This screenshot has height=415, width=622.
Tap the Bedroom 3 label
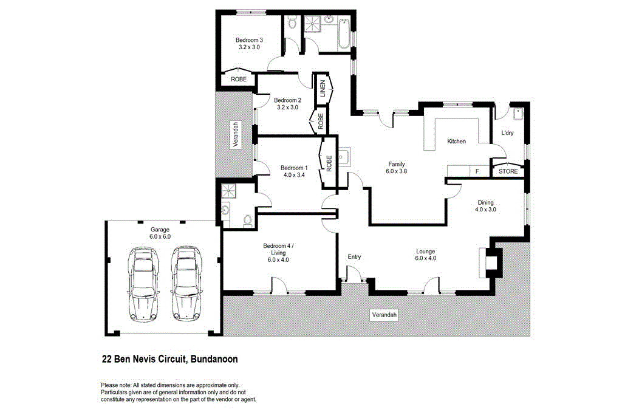point(248,43)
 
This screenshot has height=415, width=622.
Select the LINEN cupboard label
point(323,89)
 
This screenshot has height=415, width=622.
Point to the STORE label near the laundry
point(508,171)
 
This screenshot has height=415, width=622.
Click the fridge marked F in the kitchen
point(477,171)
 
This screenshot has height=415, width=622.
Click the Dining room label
point(485,206)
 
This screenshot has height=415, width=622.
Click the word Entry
point(354,257)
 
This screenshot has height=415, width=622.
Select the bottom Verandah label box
point(384,315)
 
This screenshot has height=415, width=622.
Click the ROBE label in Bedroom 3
point(238,79)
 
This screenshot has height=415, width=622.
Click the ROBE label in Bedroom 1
point(329,163)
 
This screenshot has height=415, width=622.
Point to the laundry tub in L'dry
point(518,115)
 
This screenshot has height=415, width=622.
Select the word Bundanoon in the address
point(214,359)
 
